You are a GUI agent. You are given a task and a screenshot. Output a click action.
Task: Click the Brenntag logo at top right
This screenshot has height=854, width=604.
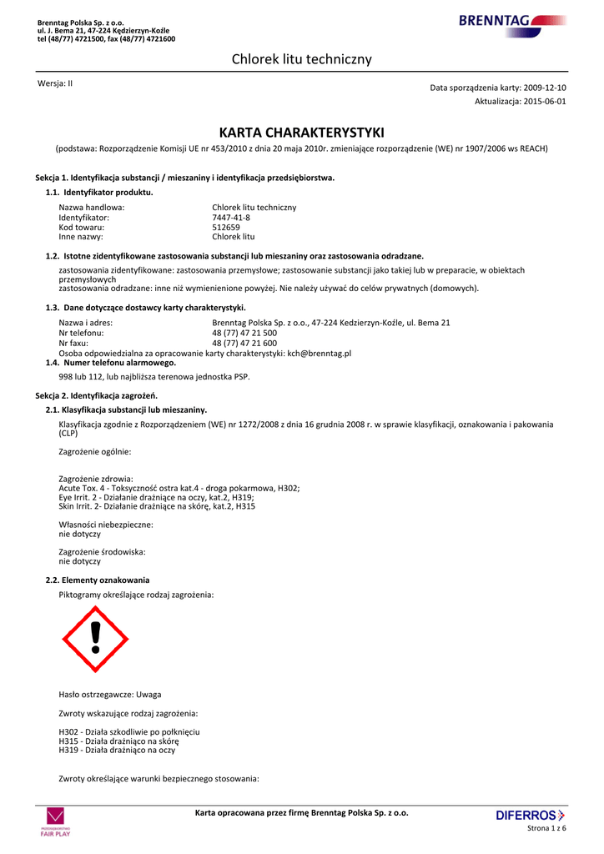pos(512,22)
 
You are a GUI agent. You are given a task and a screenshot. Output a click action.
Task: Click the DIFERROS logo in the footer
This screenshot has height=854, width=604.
pos(530,815)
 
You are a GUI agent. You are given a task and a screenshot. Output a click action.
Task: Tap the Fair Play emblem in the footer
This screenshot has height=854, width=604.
pos(56,821)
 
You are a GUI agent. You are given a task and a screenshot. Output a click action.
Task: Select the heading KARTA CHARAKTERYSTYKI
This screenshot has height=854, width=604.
pos(301,133)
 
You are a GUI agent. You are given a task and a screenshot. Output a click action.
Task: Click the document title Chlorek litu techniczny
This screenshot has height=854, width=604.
pos(301,59)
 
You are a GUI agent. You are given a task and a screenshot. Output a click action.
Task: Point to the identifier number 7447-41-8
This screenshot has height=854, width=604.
pos(231,217)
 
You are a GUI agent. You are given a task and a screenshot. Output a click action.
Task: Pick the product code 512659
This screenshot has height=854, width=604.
pos(226,227)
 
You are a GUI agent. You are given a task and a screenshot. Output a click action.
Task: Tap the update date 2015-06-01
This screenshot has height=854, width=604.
pos(545,101)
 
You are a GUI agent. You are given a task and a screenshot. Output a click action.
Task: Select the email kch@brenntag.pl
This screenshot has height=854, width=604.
pos(320,353)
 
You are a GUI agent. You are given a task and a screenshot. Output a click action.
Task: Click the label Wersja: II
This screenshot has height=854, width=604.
pos(55,83)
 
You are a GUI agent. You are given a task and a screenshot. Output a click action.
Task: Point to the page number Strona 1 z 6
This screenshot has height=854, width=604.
pos(546,827)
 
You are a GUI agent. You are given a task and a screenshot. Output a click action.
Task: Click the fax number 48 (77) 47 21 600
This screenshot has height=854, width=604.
pos(244,343)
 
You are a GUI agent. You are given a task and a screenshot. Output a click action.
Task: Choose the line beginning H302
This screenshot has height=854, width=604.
pos(129,731)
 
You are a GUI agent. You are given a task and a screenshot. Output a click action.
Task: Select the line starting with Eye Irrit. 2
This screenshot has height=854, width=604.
pos(151,497)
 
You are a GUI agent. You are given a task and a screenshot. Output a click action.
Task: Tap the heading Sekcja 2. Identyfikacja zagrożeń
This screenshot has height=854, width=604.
pos(96,394)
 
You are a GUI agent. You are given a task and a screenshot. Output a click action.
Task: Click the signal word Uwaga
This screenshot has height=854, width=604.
pos(149,694)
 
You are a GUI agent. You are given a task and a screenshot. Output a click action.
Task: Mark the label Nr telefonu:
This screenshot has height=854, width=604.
pos(81,333)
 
